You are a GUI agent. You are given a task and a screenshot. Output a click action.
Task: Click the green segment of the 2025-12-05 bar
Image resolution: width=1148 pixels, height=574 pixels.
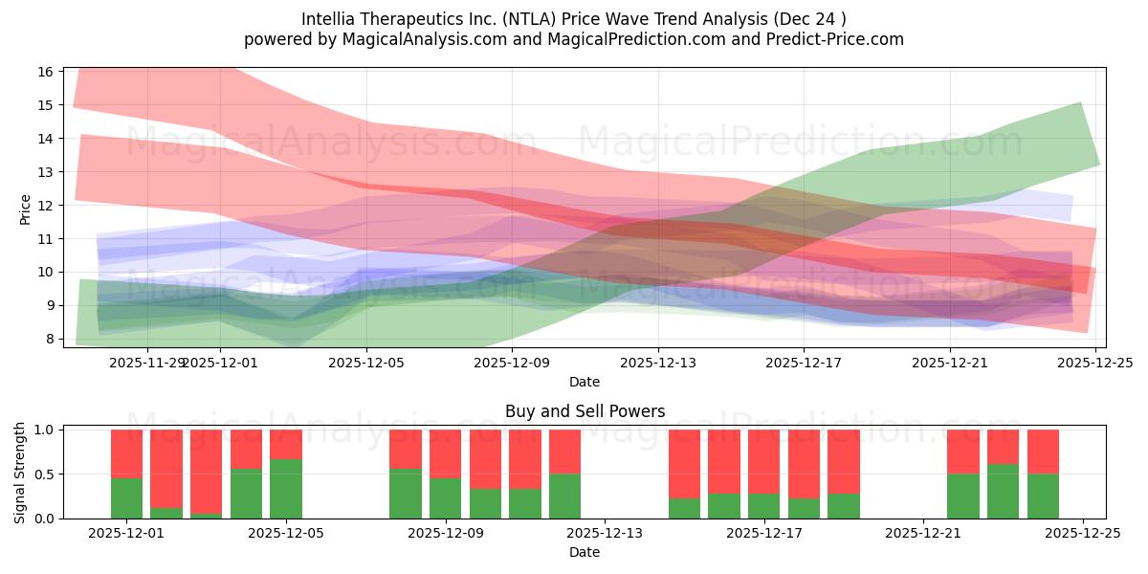(286, 489)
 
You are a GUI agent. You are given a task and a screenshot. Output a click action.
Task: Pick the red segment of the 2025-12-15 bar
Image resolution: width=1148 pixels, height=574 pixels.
(684, 464)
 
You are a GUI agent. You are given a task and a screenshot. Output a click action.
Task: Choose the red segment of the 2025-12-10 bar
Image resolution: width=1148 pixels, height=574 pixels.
(485, 459)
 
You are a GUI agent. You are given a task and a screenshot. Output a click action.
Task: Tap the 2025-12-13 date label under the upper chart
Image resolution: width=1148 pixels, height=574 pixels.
(657, 363)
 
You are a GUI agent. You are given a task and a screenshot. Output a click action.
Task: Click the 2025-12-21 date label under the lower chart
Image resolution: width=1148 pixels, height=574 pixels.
(922, 534)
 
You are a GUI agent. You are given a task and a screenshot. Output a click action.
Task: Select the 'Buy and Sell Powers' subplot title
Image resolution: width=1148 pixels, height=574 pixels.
(585, 411)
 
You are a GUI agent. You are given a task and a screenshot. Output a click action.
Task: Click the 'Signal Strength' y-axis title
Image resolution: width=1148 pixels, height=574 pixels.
(20, 474)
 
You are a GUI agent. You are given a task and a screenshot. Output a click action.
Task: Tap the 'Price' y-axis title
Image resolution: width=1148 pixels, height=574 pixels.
(26, 209)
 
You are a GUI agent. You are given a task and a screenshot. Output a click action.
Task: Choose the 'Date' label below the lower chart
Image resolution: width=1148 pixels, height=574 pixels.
(585, 552)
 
